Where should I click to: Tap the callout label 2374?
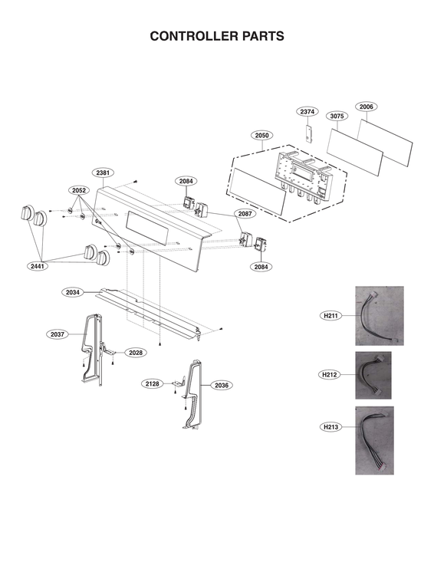(307, 112)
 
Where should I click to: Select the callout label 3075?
(337, 117)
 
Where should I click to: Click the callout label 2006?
(366, 107)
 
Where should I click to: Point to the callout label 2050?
(261, 136)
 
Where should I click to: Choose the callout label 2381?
(102, 173)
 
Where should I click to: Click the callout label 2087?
(244, 213)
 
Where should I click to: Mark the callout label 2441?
(37, 265)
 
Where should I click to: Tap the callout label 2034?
(72, 292)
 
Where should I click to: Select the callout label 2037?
(57, 334)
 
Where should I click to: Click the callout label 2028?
(135, 353)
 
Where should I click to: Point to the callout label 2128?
(152, 383)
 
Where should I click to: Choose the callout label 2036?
(221, 385)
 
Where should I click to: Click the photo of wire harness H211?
(379, 316)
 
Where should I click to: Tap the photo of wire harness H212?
(373, 374)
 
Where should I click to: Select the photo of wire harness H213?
(374, 440)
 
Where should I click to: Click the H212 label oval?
(330, 374)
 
